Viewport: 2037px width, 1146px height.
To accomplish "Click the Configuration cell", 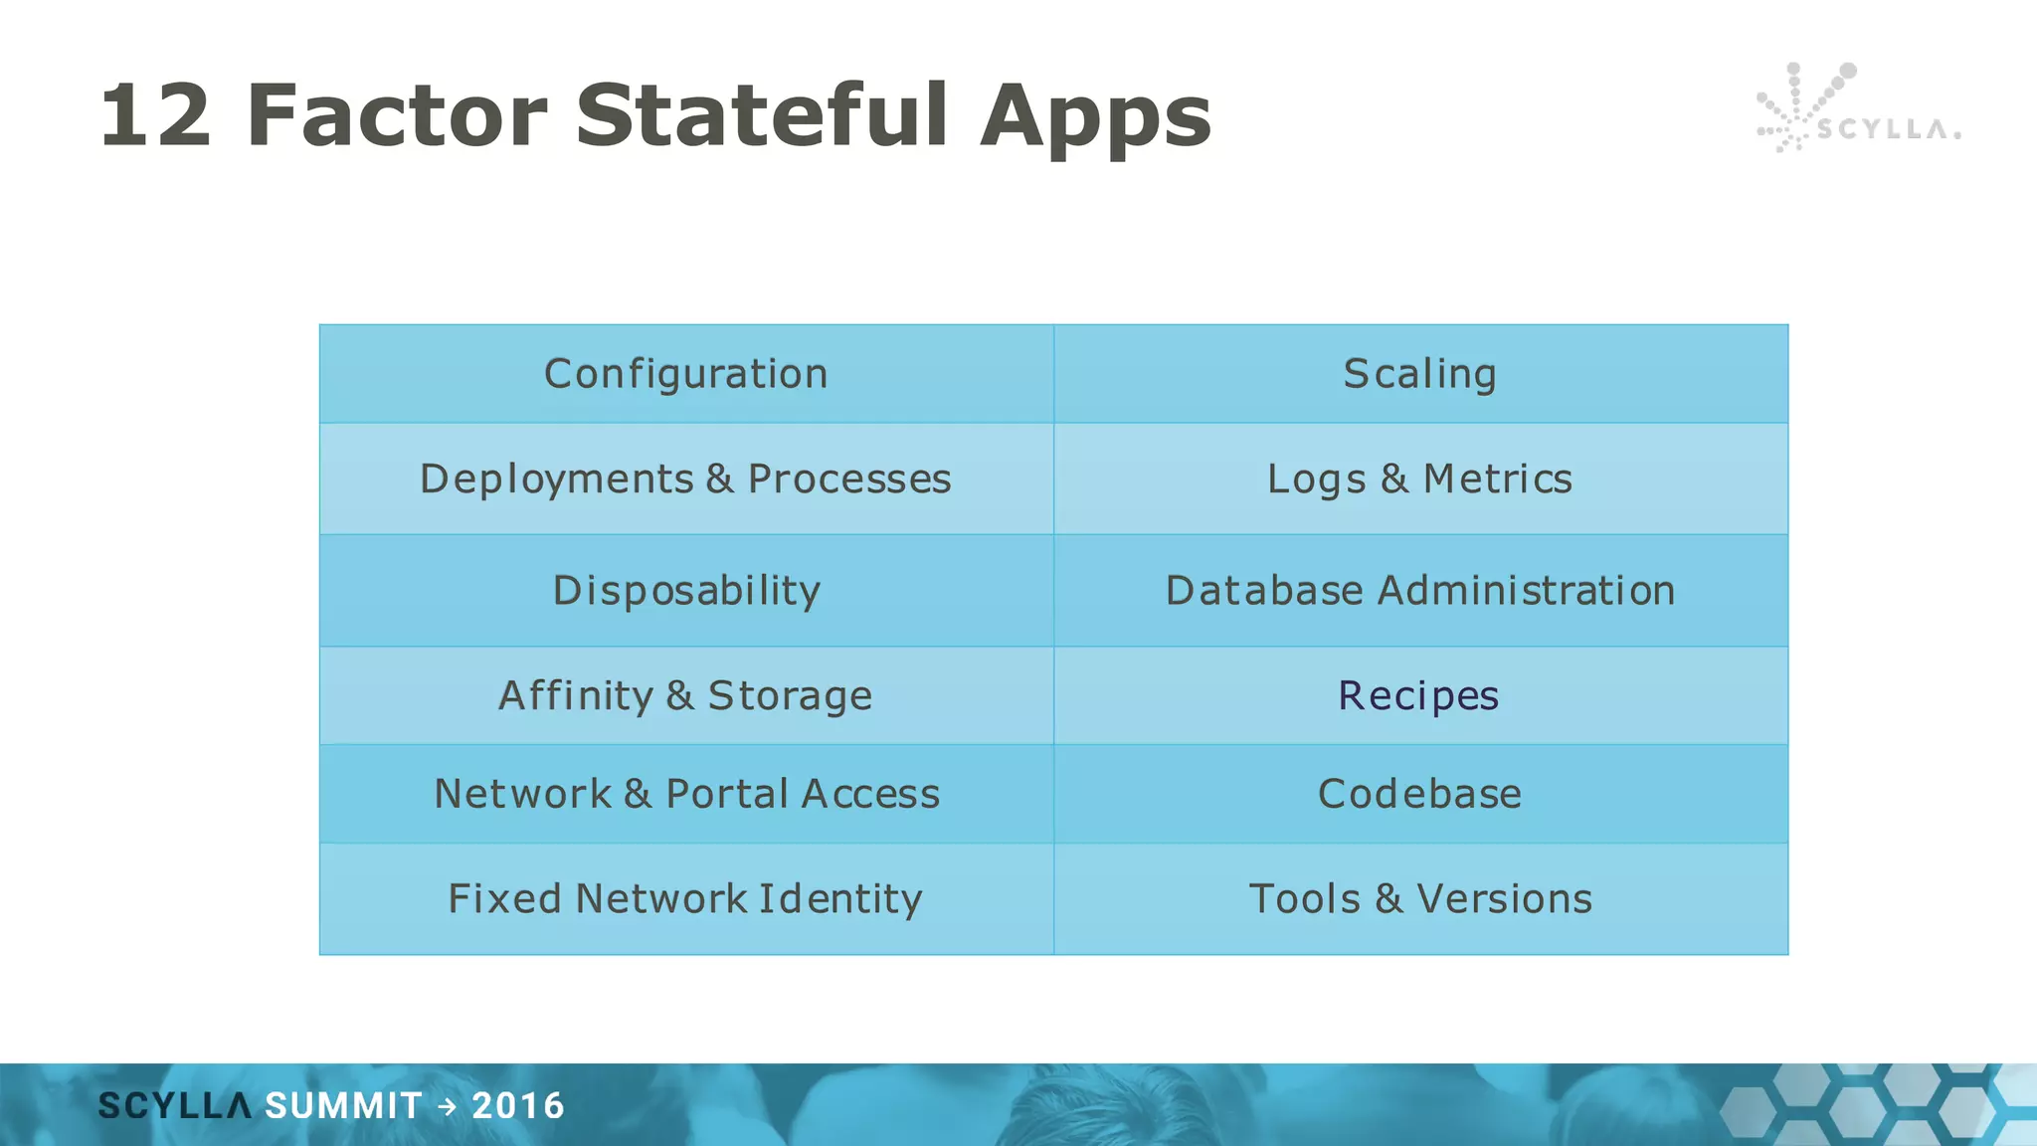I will coord(686,374).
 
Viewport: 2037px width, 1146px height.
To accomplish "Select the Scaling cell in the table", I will coord(1419,374).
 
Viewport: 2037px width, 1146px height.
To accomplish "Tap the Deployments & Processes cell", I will coord(686,479).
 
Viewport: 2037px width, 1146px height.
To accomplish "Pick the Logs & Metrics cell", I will coord(1419,479).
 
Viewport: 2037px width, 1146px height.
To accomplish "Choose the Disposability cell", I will coord(686,591).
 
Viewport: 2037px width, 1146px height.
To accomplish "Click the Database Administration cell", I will coord(1419,591).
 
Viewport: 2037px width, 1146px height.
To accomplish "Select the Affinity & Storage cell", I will coord(686,695).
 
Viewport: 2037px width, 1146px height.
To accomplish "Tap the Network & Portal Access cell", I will coord(686,794).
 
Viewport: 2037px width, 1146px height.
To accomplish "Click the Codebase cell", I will coord(1419,794).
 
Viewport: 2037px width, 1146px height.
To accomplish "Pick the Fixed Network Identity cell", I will coord(686,899).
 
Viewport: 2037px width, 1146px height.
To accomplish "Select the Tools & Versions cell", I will coord(1419,899).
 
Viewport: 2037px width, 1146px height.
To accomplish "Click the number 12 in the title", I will coord(156,116).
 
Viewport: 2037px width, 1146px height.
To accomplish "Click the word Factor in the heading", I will coord(396,116).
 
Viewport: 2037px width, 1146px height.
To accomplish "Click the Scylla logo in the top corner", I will coord(1856,109).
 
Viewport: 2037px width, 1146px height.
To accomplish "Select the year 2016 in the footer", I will coord(518,1106).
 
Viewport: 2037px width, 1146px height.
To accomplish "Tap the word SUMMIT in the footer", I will coord(343,1106).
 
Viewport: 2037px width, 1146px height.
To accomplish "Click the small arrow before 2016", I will coord(448,1106).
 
